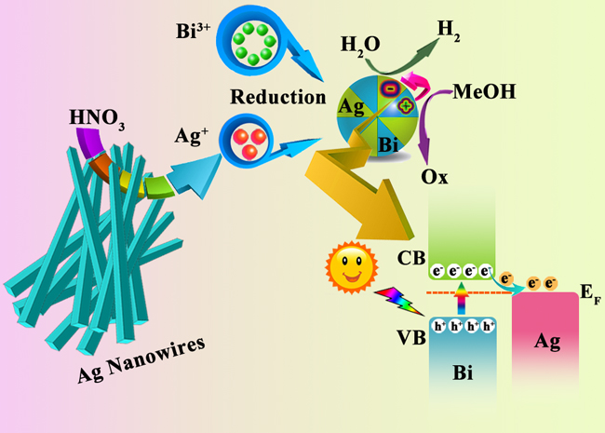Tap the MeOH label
click(x=485, y=93)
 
